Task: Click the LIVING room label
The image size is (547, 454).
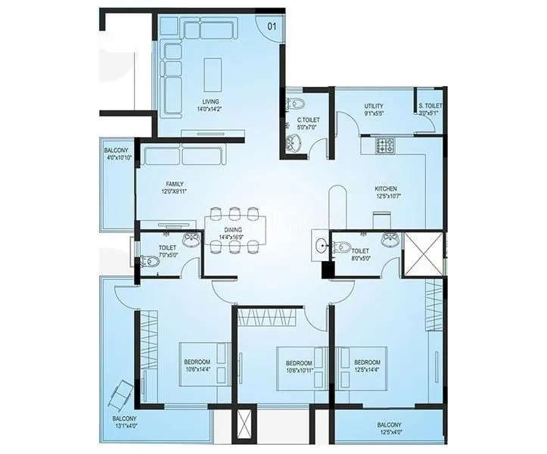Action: pos(210,105)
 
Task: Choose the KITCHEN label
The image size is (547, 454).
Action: pos(386,193)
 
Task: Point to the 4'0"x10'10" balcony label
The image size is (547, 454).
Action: pos(117,154)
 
